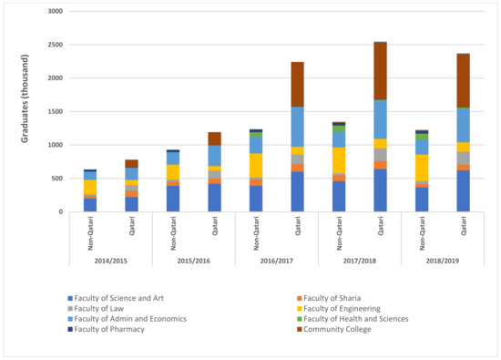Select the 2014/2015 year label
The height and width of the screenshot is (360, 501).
111,261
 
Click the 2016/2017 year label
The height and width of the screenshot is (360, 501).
277,261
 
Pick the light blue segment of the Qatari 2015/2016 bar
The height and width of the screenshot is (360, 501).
214,155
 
